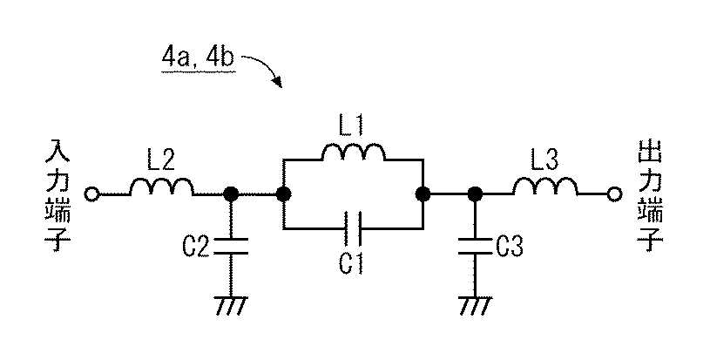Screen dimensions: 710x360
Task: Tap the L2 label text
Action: tap(161, 160)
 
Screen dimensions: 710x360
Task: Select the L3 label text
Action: tap(544, 160)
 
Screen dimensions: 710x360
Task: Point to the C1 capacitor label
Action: tap(351, 263)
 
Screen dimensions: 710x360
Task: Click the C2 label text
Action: tap(196, 247)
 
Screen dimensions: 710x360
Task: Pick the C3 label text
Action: tap(510, 247)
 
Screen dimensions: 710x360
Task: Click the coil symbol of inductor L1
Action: tap(354, 153)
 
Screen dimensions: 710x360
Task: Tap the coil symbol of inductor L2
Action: tap(162, 187)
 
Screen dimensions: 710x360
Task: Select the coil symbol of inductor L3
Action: tap(544, 187)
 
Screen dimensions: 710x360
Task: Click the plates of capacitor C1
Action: tap(352, 228)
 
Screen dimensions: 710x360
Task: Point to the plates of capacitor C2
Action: tap(231, 246)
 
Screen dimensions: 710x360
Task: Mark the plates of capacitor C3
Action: tap(475, 246)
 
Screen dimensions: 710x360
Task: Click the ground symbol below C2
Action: tap(231, 306)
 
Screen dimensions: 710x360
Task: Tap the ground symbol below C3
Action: tap(475, 306)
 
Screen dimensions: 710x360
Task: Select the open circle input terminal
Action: tap(91, 194)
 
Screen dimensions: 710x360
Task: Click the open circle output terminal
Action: tap(614, 194)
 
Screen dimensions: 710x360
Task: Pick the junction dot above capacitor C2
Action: tap(231, 194)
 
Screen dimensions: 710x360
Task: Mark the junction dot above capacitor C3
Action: tap(475, 194)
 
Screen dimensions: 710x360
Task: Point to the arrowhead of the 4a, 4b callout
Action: tap(277, 83)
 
